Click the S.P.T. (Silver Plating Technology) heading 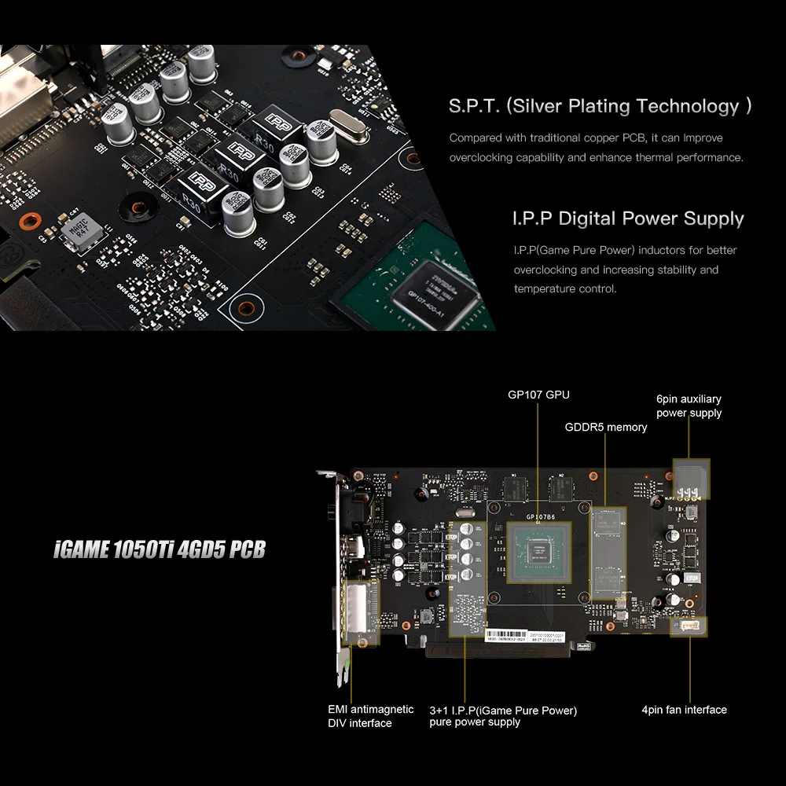coord(600,106)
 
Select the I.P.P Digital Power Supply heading coord(628,219)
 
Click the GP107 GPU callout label coord(538,394)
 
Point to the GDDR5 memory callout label coord(606,428)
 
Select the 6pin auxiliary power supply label coord(689,406)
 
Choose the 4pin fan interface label coord(684,710)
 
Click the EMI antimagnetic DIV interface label coord(370,716)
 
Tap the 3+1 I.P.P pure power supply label coord(503,716)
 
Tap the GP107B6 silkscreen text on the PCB coord(542,517)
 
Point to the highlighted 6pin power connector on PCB coord(692,479)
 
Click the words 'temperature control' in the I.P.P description coord(565,288)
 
